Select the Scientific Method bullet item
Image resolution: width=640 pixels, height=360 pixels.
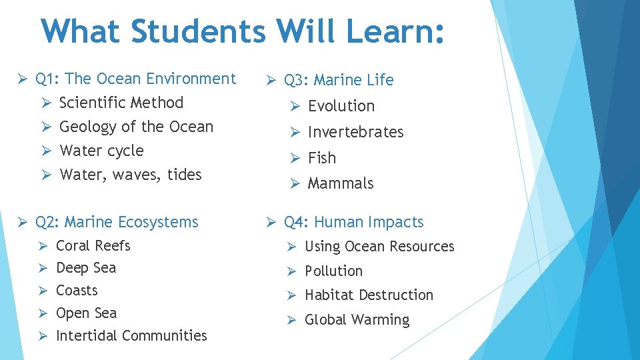tap(121, 103)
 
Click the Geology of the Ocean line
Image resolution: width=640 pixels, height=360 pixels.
tap(137, 127)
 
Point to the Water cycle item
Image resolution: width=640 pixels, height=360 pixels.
tap(101, 151)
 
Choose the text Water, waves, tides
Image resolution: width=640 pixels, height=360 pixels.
tap(131, 175)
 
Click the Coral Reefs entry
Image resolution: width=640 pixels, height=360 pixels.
tap(93, 246)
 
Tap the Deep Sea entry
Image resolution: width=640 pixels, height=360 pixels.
tap(86, 268)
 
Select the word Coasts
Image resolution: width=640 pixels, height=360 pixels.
tap(77, 291)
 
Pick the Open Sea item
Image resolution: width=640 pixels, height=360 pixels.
tap(86, 313)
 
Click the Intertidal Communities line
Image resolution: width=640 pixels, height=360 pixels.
tap(131, 336)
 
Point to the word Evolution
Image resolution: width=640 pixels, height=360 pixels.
tap(341, 106)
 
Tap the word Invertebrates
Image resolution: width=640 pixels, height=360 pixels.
tap(355, 132)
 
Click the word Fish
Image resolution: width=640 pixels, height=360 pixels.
tap(322, 158)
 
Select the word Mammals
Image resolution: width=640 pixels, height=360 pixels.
tap(341, 183)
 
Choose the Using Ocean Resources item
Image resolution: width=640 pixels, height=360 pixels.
tap(379, 247)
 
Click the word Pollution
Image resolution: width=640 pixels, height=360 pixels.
tap(333, 271)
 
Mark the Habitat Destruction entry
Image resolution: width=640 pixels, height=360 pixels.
tap(369, 295)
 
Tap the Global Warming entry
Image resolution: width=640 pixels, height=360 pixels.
tap(357, 320)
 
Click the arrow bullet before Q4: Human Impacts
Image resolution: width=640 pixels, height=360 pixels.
tap(271, 222)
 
